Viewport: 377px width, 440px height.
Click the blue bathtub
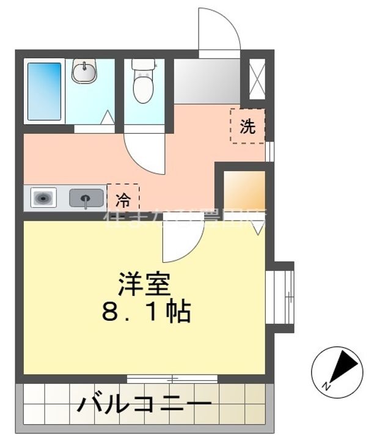(44, 91)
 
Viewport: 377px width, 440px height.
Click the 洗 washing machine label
(247, 127)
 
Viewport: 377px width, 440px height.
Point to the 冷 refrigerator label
(123, 197)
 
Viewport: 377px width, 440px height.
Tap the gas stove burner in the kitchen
(43, 198)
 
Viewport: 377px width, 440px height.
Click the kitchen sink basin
(86, 198)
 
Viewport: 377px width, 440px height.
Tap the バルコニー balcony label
(144, 404)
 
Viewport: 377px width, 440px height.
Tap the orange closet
(244, 190)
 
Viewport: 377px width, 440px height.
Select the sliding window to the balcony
(172, 379)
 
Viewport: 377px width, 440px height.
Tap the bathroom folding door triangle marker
(108, 116)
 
